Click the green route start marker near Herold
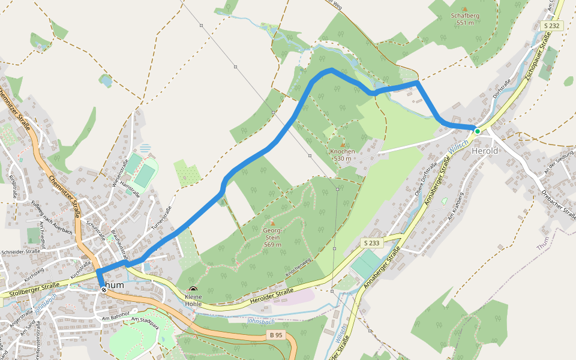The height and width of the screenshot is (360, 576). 477,131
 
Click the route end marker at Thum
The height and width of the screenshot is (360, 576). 104,290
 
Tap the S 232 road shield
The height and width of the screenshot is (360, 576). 552,26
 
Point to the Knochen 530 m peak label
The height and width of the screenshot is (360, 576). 343,154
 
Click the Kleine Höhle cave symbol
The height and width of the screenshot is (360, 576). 193,289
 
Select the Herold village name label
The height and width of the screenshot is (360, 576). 485,151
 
